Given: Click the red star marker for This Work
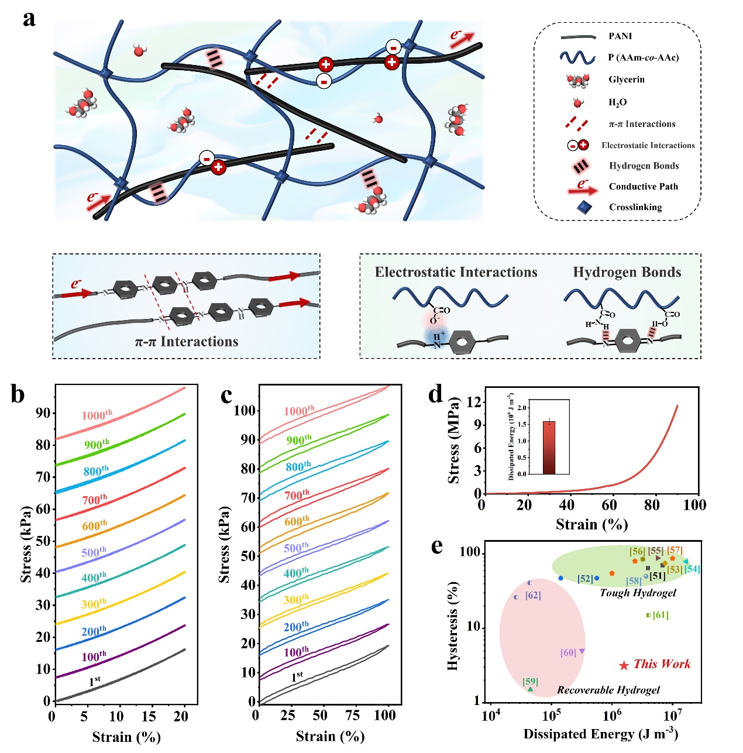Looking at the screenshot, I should click(624, 665).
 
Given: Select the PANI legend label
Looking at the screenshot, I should click(620, 36).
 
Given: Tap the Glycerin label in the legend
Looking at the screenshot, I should click(627, 80).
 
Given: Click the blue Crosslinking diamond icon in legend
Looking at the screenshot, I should click(583, 207).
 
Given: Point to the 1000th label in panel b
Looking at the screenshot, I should click(97, 415).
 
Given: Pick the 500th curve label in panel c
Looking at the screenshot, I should click(296, 548).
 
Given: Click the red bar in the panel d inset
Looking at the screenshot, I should click(549, 447).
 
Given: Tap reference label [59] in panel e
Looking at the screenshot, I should click(530, 682).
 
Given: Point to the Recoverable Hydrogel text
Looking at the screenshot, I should click(608, 690).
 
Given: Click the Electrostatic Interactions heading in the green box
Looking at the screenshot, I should click(456, 272).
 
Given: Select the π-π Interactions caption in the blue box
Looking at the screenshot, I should click(187, 342).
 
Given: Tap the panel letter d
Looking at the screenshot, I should click(436, 395).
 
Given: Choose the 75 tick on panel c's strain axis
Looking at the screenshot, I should click(352, 715).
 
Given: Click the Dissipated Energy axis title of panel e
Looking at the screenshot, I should click(600, 734).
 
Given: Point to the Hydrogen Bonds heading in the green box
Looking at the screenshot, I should click(627, 272).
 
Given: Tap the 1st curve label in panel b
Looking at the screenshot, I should click(95, 682).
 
